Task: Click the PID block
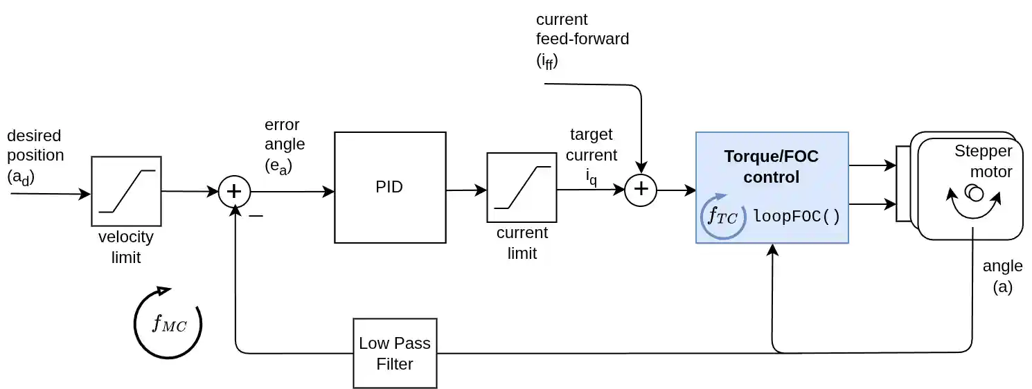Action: [389, 187]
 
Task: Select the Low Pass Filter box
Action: [395, 353]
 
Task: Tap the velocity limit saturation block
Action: [126, 191]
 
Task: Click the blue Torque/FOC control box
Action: [772, 187]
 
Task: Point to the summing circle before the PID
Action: [234, 192]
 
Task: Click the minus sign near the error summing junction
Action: [256, 216]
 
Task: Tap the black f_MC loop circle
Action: [168, 324]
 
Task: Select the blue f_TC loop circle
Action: [723, 217]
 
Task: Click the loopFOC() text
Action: [797, 216]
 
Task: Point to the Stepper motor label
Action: [984, 161]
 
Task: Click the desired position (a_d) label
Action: [35, 156]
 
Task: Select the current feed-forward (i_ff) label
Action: [582, 39]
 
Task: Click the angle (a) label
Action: [1002, 276]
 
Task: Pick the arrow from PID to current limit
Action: [466, 190]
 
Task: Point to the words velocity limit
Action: [125, 247]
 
